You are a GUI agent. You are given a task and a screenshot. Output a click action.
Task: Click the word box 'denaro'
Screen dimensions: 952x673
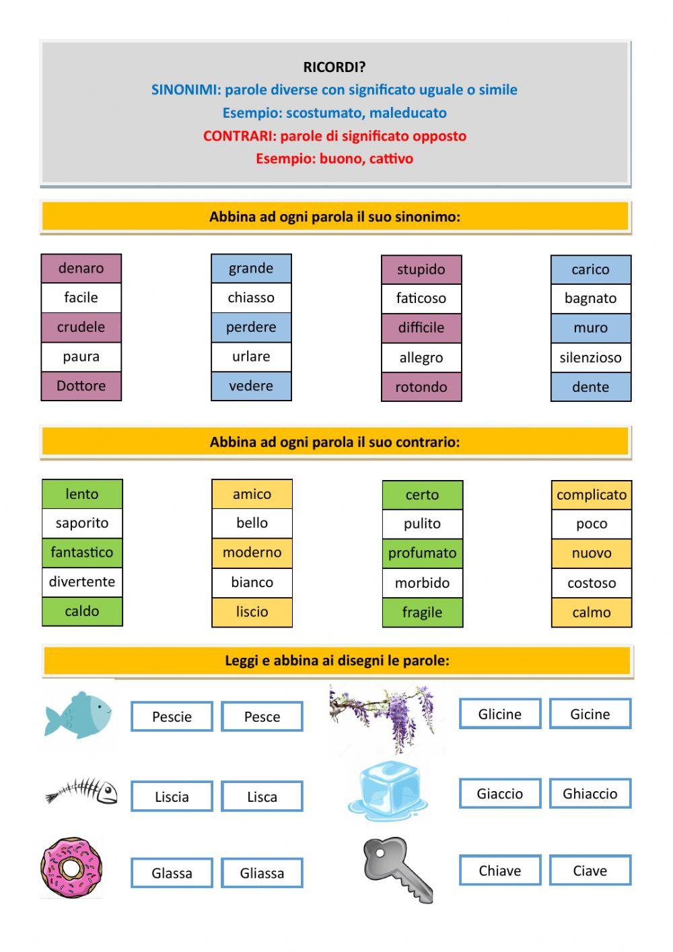point(81,269)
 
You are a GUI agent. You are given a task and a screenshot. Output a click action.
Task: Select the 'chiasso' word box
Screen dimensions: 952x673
point(251,298)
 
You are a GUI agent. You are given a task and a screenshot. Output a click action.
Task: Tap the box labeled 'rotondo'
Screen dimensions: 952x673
point(421,387)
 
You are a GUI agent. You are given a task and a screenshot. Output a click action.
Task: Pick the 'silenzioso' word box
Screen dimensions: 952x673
point(590,358)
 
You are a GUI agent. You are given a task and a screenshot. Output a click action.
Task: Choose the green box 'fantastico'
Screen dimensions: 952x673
point(82,553)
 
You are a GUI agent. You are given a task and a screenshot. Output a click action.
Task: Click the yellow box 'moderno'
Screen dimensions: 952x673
point(252,553)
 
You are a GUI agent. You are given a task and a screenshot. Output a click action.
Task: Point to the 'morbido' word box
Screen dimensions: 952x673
point(422,583)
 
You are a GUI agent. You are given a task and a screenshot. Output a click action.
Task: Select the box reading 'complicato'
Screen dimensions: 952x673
point(592,495)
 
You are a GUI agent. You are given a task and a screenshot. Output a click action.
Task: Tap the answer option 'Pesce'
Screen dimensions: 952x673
point(262,717)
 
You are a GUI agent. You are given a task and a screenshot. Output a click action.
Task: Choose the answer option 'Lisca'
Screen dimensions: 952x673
point(262,797)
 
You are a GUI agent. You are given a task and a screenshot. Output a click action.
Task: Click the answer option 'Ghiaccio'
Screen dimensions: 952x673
point(590,794)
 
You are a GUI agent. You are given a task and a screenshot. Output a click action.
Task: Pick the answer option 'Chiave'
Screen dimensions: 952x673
point(500,871)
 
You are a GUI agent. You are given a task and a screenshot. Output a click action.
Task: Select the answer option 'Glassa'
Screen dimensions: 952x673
point(172,873)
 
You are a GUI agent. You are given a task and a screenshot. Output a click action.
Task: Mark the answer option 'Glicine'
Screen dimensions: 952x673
point(500,714)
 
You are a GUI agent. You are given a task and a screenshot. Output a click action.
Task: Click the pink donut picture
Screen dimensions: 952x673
point(71,868)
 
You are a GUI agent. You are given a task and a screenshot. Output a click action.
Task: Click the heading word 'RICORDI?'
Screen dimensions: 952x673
point(334,67)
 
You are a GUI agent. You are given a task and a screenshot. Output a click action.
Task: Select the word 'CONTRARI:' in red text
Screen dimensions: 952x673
point(240,136)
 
